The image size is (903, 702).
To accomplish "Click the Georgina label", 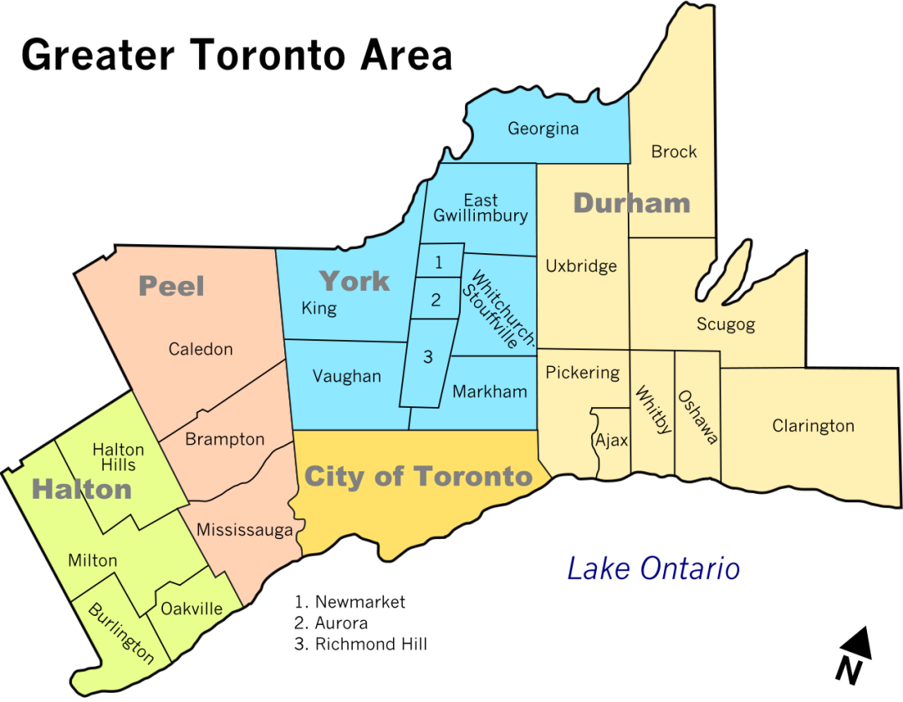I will pos(543,130).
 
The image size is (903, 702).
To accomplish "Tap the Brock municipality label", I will pos(674,152).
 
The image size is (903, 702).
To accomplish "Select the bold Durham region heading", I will pos(632,203).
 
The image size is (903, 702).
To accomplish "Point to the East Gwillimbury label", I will pos(481,208).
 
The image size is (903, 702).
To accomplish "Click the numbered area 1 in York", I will pos(439,262).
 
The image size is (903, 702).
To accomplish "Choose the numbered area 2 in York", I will pos(436,300).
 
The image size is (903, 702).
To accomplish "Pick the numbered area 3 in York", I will pos(428,358).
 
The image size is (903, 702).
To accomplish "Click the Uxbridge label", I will pos(581,267).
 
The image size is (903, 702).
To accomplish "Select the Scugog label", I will pos(726,324).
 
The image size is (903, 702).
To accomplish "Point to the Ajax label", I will pos(611,440).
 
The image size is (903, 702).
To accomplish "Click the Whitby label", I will pos(653,409).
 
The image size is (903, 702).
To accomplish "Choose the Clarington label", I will pos(813,426).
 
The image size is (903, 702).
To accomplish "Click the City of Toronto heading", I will pos(418,477).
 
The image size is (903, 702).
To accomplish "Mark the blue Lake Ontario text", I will pos(654,569).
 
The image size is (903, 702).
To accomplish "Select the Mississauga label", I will pos(245,531).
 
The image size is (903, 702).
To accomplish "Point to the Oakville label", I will pos(191,608).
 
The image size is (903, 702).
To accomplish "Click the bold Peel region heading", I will pos(171,286).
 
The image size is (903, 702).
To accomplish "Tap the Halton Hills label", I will pos(119,458).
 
